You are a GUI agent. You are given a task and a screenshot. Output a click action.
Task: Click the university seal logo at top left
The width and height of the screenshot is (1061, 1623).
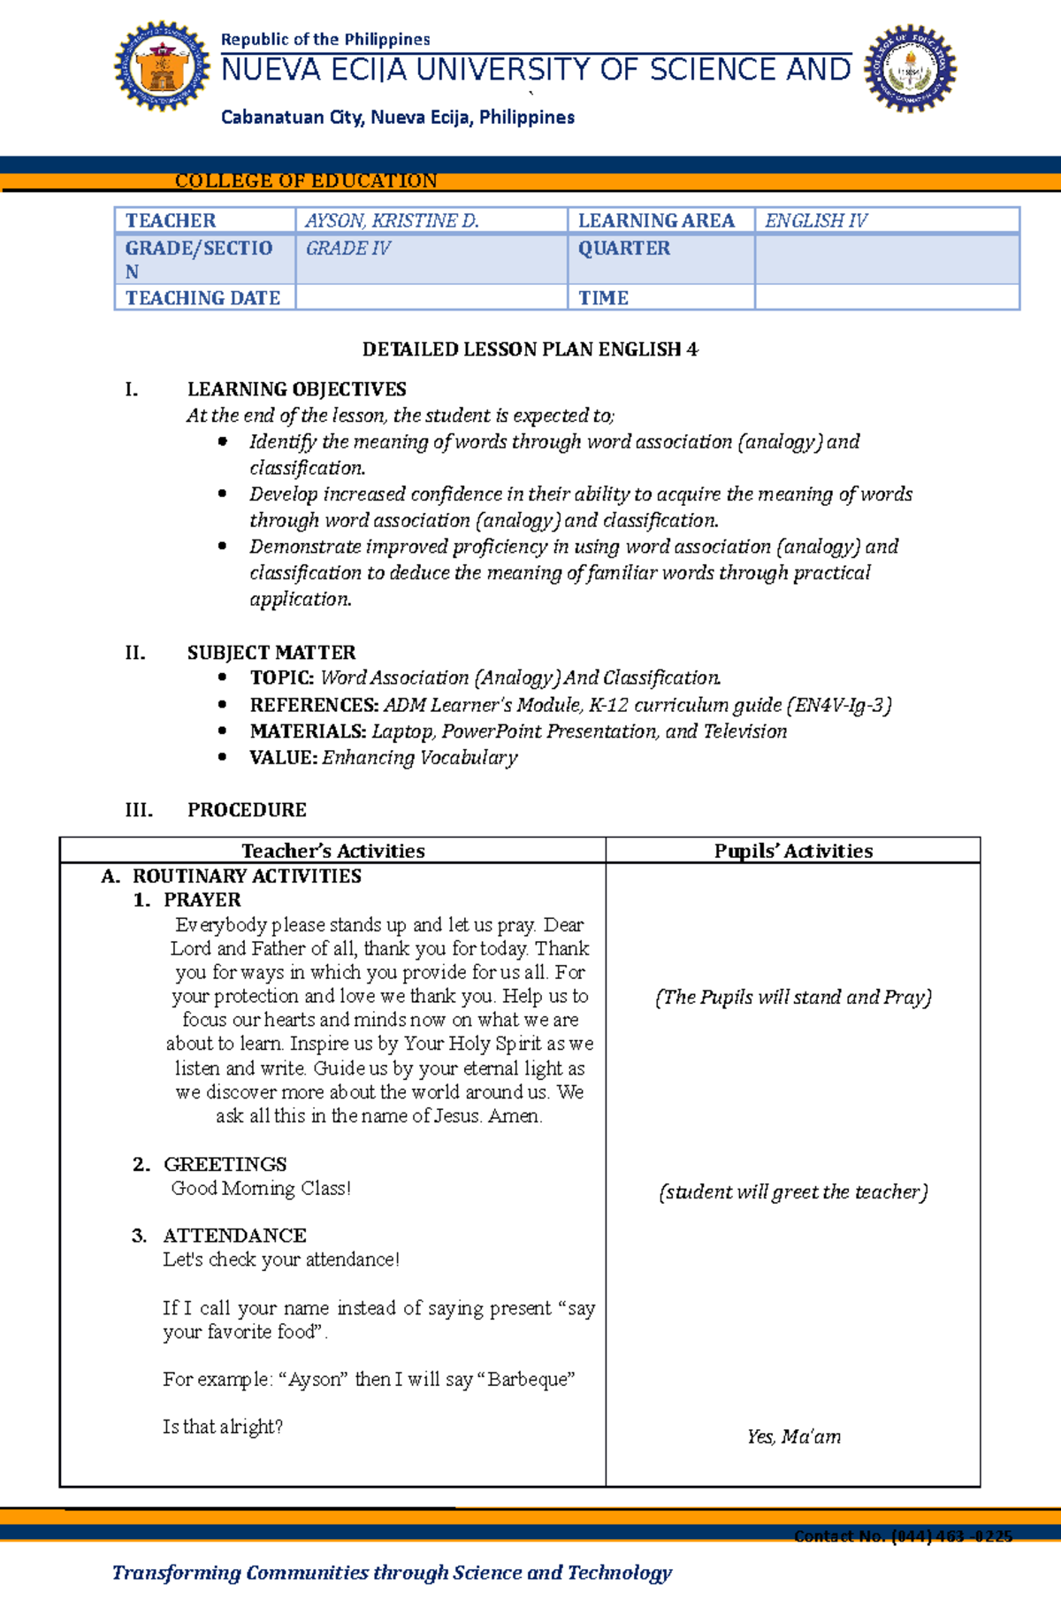(162, 67)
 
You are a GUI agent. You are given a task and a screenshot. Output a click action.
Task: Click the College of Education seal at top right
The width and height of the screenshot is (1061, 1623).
(910, 68)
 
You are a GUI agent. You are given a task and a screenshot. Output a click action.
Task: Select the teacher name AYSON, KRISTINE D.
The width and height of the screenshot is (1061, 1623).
(392, 221)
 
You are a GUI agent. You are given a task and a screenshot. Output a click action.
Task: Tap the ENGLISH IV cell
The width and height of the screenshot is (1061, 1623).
(815, 221)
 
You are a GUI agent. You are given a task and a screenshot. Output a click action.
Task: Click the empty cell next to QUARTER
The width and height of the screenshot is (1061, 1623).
(886, 259)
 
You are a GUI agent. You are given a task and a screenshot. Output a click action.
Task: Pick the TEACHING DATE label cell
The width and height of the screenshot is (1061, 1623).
(203, 298)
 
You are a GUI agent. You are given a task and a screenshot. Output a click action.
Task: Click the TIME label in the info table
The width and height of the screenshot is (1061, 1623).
(604, 298)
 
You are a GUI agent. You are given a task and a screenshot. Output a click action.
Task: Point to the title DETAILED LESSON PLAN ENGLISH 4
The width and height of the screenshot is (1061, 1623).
(530, 349)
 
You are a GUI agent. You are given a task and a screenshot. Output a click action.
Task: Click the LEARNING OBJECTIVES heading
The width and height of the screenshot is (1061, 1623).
(296, 389)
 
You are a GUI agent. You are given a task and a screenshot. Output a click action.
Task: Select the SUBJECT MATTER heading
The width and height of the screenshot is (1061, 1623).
(271, 653)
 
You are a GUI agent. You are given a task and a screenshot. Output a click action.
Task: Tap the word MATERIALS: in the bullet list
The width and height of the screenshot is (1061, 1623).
(308, 731)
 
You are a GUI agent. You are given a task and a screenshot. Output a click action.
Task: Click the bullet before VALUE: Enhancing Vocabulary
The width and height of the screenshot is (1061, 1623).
(223, 757)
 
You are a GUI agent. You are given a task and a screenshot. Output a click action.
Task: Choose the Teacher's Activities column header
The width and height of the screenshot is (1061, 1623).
(332, 851)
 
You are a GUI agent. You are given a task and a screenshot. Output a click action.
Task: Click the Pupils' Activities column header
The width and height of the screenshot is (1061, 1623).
(793, 851)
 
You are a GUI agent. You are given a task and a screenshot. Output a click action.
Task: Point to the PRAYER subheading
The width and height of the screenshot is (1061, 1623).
(202, 900)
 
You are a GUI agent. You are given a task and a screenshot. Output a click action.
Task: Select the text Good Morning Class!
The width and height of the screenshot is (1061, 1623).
(261, 1189)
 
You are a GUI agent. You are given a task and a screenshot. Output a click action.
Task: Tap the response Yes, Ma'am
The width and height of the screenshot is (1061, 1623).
(793, 1437)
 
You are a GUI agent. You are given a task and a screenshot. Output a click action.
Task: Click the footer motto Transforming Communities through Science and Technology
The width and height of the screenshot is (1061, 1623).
(392, 1573)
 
